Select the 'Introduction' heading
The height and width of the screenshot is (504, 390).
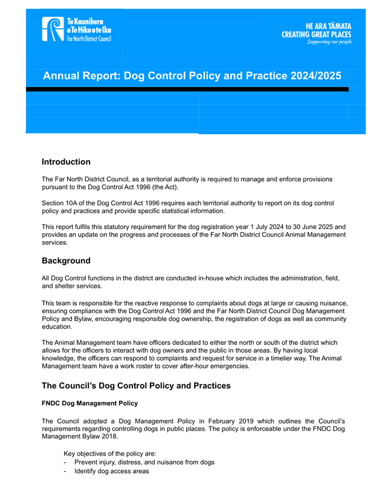(66, 162)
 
